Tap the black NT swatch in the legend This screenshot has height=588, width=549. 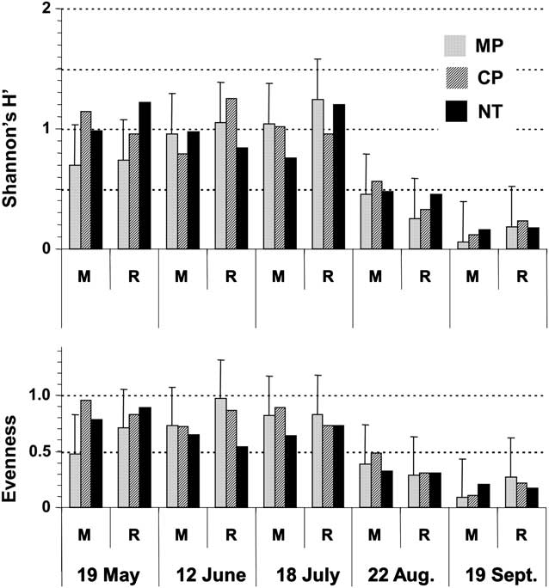tap(455, 111)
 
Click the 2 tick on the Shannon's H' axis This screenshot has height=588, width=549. tap(46, 9)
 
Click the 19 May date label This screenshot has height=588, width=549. tap(108, 573)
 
